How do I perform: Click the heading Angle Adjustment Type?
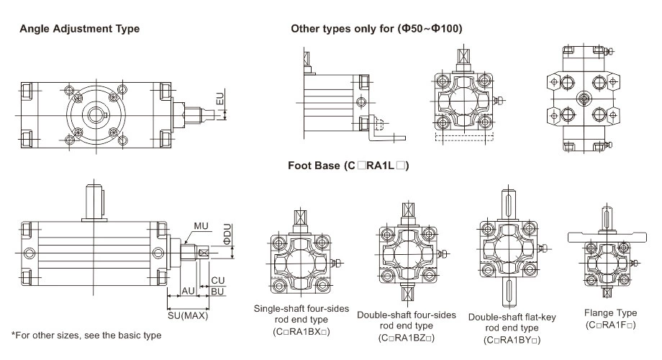pos(79,29)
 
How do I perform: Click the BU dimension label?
pos(217,290)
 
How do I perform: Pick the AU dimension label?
pos(186,290)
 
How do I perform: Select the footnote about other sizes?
pos(86,336)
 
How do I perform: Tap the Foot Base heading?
pos(348,166)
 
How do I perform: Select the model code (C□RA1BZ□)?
pos(407,337)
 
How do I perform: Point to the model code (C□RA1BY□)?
pos(512,340)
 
